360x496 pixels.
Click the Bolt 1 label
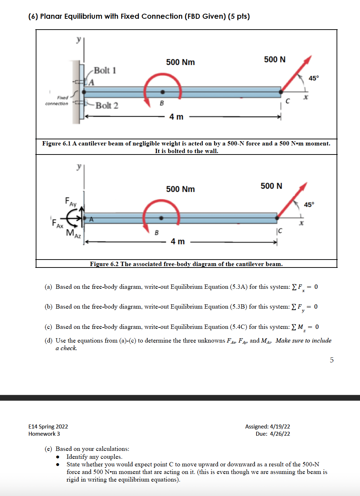pos(105,70)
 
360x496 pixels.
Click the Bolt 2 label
pos(107,105)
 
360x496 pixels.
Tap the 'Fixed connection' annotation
pos(57,101)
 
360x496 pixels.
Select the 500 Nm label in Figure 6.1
pos(180,62)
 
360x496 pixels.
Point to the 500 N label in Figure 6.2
pos(271,186)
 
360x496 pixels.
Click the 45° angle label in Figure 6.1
pos(313,78)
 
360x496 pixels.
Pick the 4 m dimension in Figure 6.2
pos(177,242)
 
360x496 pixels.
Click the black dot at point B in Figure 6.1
pos(163,92)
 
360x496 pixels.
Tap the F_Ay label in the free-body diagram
pos(71,202)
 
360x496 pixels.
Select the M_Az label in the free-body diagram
pos(73,233)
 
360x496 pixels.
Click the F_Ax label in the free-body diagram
pos(57,223)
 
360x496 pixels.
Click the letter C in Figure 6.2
pos(280,231)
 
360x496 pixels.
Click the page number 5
pos(332,360)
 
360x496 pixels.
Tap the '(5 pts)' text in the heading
pos(238,16)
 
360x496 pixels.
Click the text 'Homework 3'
pos(44,434)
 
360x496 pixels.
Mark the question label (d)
pos(48,340)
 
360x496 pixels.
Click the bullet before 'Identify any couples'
pos(58,457)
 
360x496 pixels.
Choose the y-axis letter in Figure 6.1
pos(78,39)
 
